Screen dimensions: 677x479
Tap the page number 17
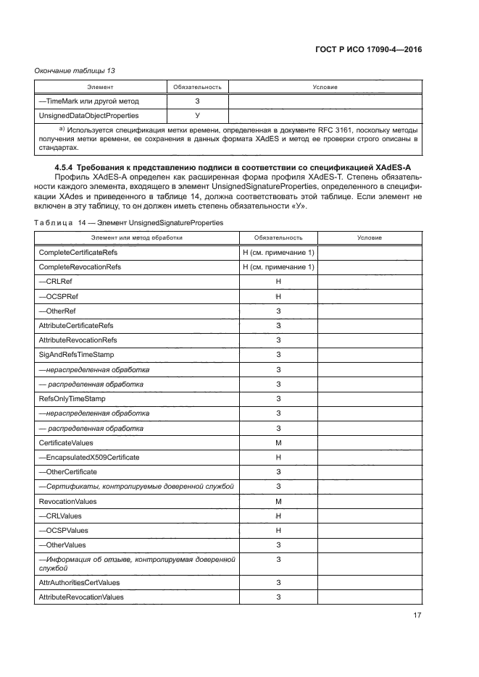pos(417,616)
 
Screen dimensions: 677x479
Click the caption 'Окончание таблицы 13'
pos(75,70)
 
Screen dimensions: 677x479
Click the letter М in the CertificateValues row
pos(278,442)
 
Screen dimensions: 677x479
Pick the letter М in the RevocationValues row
pos(278,501)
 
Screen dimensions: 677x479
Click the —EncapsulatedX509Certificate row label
pos(88,457)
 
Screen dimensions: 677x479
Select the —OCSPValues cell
pos(64,530)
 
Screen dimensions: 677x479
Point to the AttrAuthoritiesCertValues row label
pos(79,582)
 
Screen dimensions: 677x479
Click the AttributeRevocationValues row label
pos(80,597)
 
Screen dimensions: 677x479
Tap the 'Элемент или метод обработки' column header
pos(136,237)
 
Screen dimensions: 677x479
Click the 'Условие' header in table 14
pos(370,237)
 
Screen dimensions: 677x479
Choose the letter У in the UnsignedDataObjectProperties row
pos(197,115)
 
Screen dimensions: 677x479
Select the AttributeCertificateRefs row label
pos(75,325)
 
